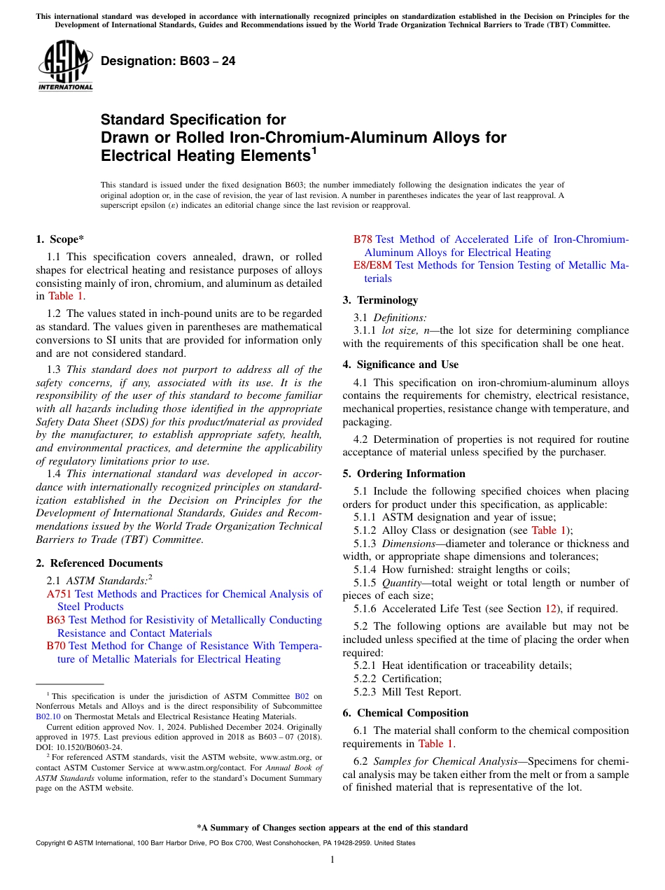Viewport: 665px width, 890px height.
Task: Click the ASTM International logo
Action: click(65, 66)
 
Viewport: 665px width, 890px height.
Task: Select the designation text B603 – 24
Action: click(168, 62)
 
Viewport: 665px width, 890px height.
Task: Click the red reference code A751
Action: click(59, 594)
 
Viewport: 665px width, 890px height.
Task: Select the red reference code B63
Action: click(56, 620)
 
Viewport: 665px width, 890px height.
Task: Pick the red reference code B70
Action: click(56, 646)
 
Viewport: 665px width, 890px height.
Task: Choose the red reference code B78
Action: click(363, 239)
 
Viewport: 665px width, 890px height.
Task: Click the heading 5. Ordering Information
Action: click(404, 474)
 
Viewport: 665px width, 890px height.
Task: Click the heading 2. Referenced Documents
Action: click(99, 563)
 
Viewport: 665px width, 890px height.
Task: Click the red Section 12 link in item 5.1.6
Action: click(549, 609)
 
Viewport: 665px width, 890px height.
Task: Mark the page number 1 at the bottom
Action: click(332, 860)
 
